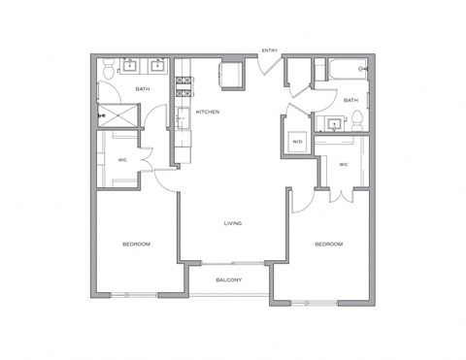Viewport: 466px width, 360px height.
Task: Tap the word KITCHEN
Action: click(208, 113)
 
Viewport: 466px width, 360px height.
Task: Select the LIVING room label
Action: click(233, 223)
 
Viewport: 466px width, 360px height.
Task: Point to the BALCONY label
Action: click(229, 280)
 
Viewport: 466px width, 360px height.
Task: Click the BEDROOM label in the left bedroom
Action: click(136, 244)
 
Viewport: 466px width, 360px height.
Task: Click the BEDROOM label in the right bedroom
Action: click(329, 245)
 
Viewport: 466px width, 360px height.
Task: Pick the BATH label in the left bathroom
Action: click(143, 89)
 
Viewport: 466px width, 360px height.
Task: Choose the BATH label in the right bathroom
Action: click(350, 99)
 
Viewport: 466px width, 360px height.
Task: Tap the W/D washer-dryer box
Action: click(297, 142)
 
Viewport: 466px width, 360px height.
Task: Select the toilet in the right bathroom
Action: click(358, 120)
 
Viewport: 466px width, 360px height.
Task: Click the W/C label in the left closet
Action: click(123, 160)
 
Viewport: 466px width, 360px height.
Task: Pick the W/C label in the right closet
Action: click(343, 164)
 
